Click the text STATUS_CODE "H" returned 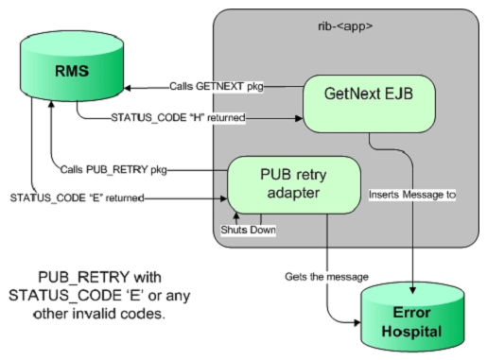point(167,117)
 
